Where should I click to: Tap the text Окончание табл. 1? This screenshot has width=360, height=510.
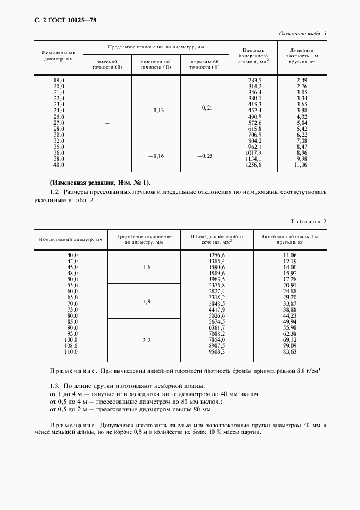coord(303,34)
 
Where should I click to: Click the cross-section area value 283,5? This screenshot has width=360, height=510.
coord(254,80)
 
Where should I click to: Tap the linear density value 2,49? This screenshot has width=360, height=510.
coord(302,80)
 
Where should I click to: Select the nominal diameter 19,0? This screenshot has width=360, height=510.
coord(58,80)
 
